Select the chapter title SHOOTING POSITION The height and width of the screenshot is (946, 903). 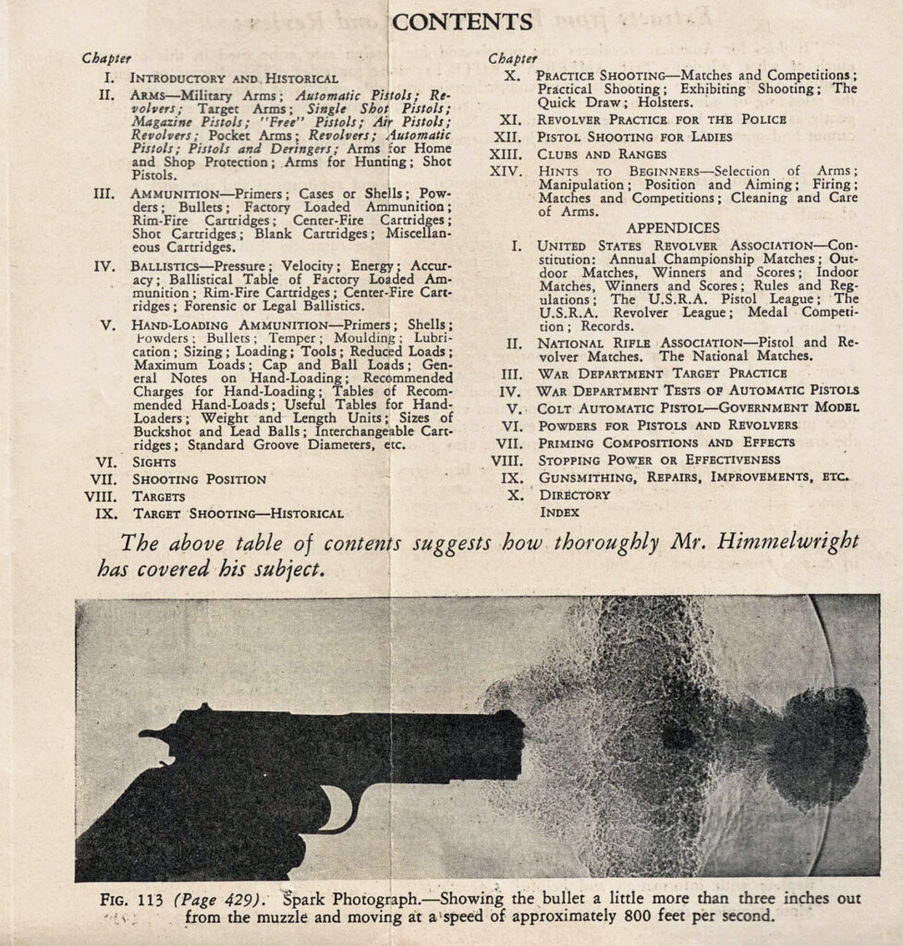pos(199,479)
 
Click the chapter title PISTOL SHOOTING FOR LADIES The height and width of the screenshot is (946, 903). pos(634,137)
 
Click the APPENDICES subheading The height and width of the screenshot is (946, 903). pos(673,227)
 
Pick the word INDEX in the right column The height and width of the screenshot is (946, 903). pos(559,511)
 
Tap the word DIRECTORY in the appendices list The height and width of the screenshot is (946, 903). pos(574,494)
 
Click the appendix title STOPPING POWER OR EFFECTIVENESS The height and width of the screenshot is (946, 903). pos(659,459)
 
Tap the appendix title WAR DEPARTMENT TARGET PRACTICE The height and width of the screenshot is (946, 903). pos(662,374)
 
